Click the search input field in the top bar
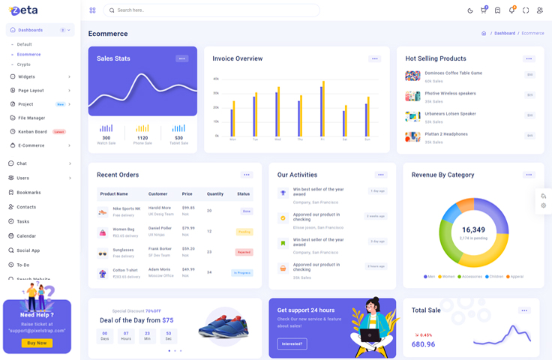(214, 10)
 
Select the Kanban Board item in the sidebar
(33, 131)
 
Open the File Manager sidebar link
(31, 118)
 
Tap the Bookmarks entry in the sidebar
(28, 193)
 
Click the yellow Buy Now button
(37, 343)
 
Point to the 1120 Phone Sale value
(142, 138)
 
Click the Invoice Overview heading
(237, 58)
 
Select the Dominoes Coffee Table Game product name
(453, 73)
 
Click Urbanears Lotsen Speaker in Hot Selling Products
(450, 113)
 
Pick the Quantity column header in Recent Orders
(214, 193)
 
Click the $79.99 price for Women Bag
(187, 228)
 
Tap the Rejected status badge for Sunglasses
(244, 252)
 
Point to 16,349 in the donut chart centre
(473, 229)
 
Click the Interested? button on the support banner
(292, 343)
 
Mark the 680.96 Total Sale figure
(423, 344)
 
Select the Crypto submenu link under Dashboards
(24, 64)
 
